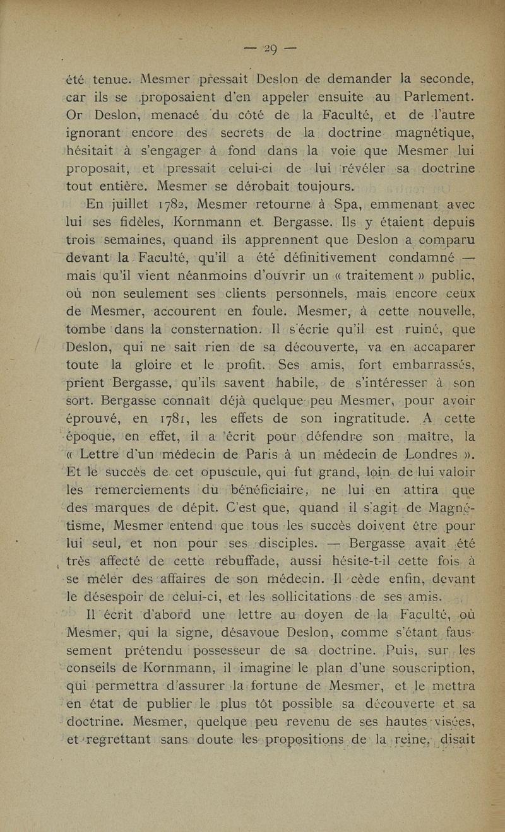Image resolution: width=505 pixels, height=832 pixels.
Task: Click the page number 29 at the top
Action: click(272, 49)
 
